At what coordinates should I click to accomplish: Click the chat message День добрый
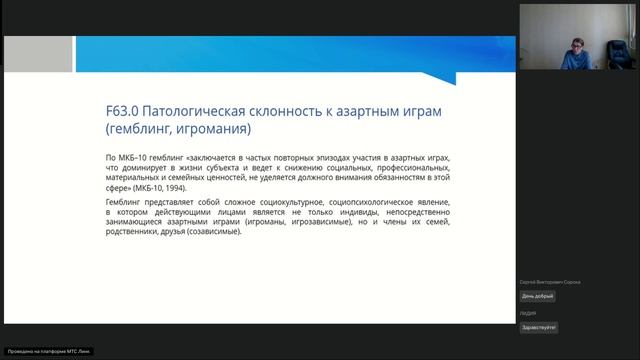(x=537, y=296)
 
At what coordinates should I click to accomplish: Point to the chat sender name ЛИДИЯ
(x=526, y=314)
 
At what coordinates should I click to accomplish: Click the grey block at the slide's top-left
(x=38, y=54)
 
